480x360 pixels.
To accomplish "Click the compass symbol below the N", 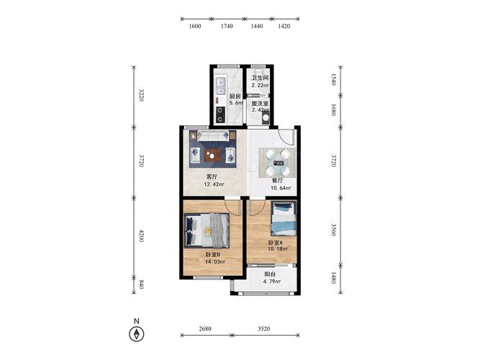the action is (137, 334).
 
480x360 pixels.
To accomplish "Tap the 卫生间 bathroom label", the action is (260, 78).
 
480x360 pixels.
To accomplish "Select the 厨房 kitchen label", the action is (235, 96).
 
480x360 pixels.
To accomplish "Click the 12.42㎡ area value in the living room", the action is (214, 184).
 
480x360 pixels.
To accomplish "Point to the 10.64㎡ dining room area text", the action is (281, 188).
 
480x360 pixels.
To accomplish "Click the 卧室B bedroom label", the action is (213, 255).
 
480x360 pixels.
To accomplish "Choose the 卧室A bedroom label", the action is (276, 243).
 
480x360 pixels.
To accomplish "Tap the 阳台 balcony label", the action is (270, 274).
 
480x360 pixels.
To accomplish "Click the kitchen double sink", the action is (220, 86).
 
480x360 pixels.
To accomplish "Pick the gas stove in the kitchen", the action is (220, 114).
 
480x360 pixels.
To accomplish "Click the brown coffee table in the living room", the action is (213, 155).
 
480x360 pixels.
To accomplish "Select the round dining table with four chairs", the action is (277, 163).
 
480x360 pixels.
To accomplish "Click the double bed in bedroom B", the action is (207, 230).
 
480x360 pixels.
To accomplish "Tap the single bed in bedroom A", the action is (284, 218).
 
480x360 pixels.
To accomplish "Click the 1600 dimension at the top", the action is (195, 26).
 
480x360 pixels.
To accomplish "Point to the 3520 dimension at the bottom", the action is (263, 329).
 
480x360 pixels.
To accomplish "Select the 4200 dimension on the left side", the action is (142, 235).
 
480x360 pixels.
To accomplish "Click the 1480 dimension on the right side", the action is (334, 278).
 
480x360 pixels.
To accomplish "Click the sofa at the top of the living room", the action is (213, 136).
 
